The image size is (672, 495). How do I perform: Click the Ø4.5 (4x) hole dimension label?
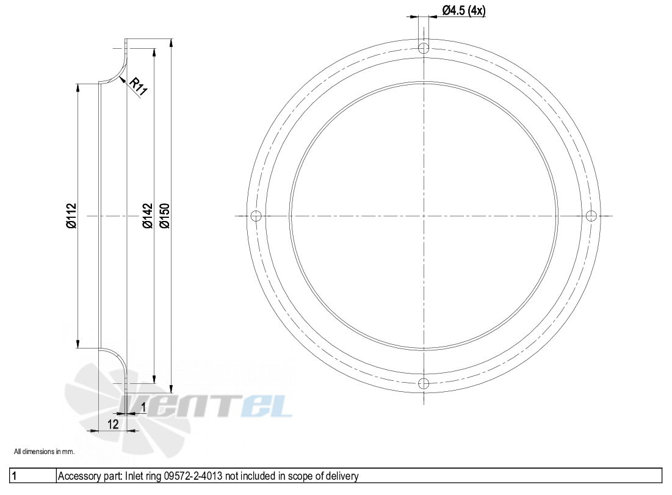point(464,10)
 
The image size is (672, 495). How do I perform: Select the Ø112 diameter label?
point(71,215)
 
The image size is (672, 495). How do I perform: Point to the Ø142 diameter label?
point(148,215)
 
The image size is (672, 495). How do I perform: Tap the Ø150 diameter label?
point(165,215)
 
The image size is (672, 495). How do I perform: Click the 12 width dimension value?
point(113,424)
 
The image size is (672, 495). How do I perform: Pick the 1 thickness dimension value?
point(143,407)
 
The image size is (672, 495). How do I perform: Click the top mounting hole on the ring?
point(424,48)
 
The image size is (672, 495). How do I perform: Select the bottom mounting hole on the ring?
point(424,383)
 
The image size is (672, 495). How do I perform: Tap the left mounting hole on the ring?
point(256,215)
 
